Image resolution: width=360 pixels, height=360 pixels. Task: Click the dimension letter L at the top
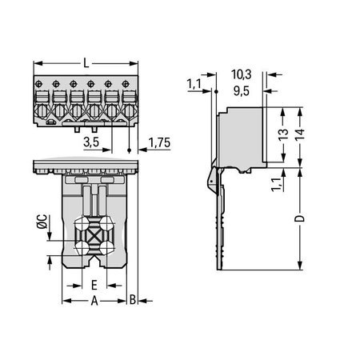coord(86,63)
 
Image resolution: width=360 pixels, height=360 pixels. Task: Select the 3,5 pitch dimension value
coord(91,142)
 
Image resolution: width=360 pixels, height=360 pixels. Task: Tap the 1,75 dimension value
coord(159,142)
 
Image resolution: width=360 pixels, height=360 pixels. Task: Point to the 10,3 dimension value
coord(241,74)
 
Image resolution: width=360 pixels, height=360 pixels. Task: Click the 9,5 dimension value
coord(242,91)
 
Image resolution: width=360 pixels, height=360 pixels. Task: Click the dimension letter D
coord(299,218)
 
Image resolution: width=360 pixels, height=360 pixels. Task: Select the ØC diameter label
coord(42,222)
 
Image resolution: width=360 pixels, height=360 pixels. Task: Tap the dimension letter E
coord(94,285)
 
